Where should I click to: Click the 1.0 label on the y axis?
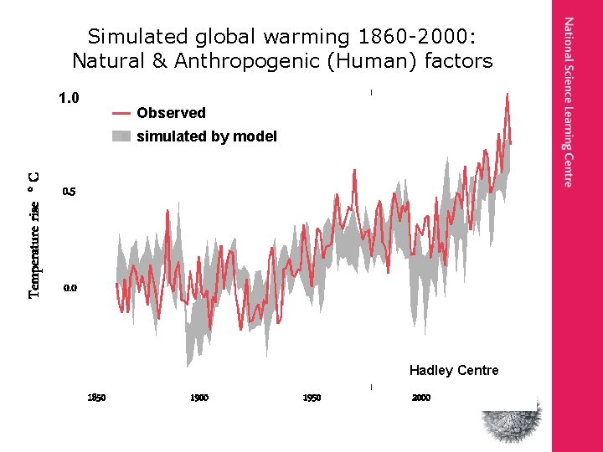coord(69,98)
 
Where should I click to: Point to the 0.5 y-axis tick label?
coord(70,192)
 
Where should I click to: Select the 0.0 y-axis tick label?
coord(70,288)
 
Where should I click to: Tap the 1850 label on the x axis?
coord(96,398)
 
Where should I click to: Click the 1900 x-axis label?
coord(199,398)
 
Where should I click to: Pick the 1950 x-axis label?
coord(312,398)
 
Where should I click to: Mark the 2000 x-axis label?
coord(421,398)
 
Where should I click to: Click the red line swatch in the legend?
coord(121,113)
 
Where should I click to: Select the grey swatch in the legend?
coord(121,136)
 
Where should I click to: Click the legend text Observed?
coord(171,113)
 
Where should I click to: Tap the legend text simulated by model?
coord(206,136)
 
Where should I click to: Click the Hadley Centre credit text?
coord(454,371)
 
